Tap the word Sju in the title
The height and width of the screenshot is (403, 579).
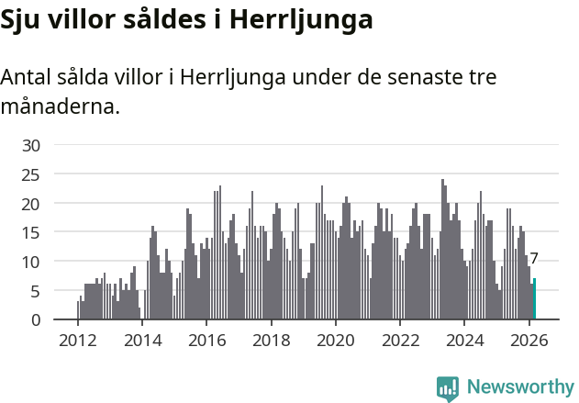tap(22, 21)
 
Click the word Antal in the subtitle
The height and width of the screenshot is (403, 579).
tap(27, 78)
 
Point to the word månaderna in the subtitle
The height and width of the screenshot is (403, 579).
tap(58, 107)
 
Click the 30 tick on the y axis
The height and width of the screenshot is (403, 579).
tap(31, 145)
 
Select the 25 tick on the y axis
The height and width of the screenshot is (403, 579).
tap(31, 174)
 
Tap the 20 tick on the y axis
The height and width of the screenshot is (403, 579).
tap(31, 203)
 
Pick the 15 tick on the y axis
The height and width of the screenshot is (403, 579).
tap(31, 232)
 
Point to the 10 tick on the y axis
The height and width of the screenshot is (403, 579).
tap(31, 262)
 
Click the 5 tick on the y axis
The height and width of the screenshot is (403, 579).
tap(36, 291)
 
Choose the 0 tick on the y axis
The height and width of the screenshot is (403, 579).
tap(36, 320)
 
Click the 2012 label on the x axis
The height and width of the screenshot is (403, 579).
tap(77, 340)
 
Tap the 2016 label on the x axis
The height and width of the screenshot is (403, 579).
tap(206, 340)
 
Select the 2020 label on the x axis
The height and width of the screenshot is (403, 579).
tap(335, 340)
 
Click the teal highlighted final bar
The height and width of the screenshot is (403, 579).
tap(534, 299)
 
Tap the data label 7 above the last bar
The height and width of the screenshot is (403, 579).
tap(534, 259)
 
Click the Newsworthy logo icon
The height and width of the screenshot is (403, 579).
tap(448, 388)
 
